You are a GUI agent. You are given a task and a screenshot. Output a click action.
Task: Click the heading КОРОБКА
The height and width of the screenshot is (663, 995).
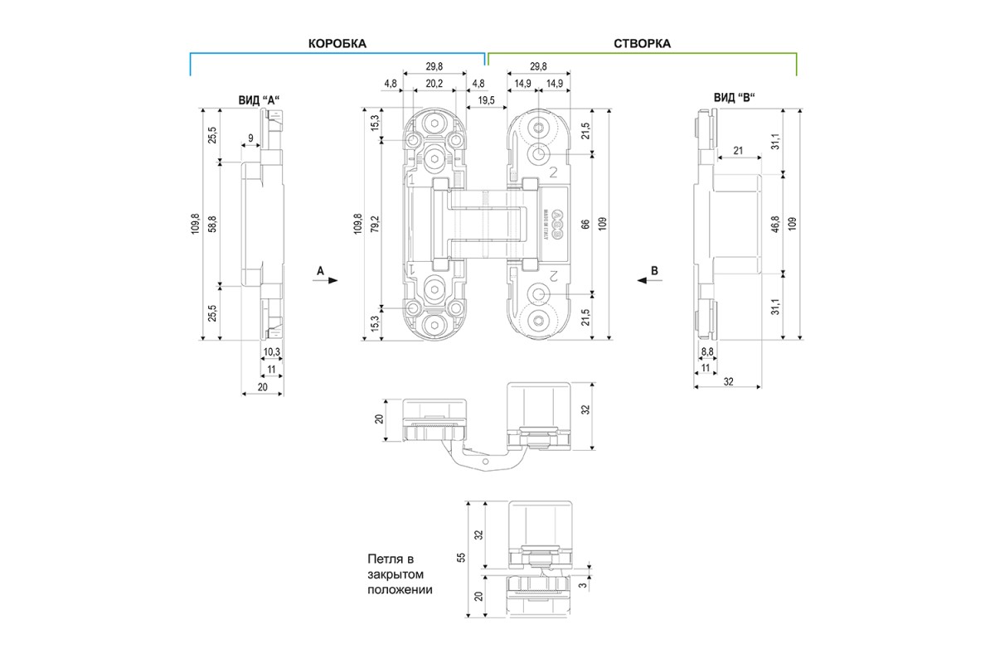(337, 44)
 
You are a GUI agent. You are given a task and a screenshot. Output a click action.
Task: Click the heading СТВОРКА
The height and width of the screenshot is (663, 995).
(643, 44)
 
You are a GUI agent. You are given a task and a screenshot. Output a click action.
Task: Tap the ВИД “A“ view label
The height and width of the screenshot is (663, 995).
(260, 100)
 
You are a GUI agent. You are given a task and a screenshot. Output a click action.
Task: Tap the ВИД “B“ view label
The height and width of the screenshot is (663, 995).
(735, 97)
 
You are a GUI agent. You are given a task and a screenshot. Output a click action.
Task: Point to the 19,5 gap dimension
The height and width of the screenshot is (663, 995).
(487, 100)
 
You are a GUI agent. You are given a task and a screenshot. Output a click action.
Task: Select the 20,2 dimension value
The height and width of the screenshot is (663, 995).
(434, 84)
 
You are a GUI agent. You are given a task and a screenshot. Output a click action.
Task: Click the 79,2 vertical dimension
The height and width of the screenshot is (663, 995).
(376, 225)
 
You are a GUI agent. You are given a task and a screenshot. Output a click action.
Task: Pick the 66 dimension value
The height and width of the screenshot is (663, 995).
(585, 225)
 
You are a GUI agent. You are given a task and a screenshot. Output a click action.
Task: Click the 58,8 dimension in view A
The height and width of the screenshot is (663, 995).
(213, 225)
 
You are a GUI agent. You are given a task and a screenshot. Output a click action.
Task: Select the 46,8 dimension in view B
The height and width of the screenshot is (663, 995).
(775, 225)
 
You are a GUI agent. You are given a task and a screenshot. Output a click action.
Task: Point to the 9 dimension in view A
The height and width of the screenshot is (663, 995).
(250, 138)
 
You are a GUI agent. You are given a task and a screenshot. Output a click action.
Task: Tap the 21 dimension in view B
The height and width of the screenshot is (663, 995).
(738, 151)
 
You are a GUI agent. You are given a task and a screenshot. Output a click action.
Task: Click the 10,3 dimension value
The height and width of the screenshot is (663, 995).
(272, 352)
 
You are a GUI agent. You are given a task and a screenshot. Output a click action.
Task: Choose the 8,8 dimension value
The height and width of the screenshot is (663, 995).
(707, 351)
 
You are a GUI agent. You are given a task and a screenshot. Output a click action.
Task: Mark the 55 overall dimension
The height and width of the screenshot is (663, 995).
(461, 558)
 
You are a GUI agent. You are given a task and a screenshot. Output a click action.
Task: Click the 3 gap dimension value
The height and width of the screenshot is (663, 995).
(583, 585)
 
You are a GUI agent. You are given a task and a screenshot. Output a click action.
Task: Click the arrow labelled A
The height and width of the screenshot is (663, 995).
(326, 280)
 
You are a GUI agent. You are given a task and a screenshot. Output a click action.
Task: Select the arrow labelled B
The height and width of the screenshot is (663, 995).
(649, 280)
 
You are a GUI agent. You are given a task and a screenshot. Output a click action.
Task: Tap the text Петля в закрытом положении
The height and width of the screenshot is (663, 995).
(400, 574)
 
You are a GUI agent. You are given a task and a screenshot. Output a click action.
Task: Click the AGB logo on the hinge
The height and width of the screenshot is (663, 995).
(556, 225)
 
